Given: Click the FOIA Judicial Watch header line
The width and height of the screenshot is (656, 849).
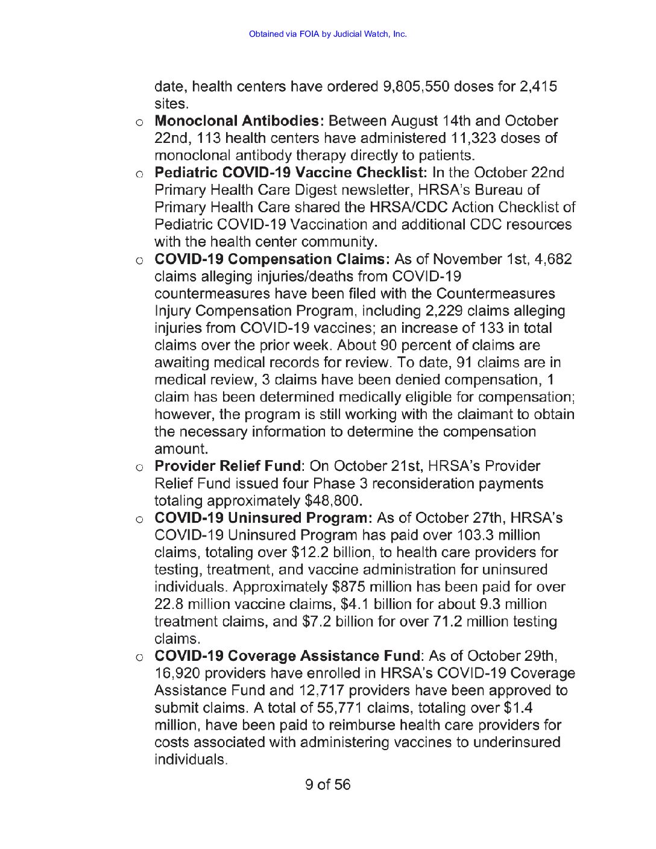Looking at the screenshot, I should click(327, 34).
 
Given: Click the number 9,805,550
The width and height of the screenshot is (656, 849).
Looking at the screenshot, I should click(416, 86).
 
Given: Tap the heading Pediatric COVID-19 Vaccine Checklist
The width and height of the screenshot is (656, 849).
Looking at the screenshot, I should click(291, 173).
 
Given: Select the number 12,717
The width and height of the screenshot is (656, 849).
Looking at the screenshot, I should click(321, 690).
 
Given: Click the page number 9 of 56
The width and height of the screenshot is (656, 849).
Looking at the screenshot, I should click(327, 784).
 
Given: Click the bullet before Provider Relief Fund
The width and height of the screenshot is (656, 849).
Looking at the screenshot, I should click(139, 467).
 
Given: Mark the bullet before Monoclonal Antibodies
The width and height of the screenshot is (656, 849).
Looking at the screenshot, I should click(139, 122).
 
